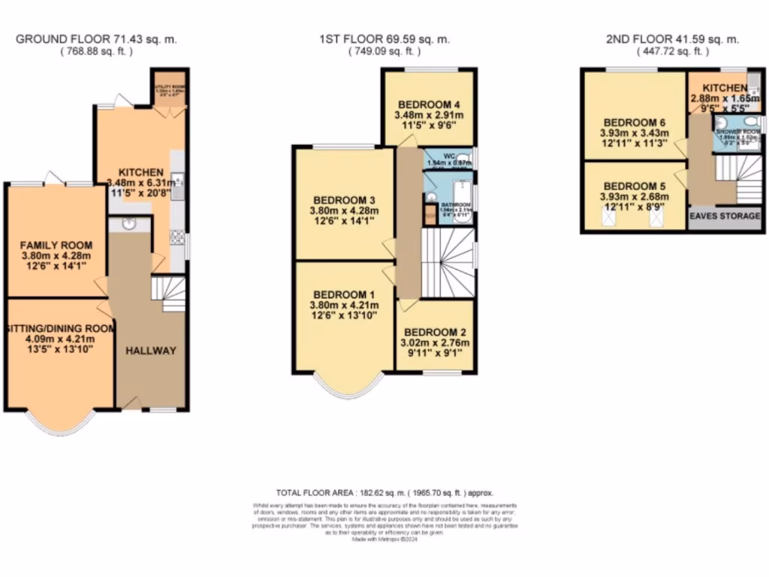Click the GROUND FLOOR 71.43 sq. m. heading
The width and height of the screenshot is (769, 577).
tap(96, 39)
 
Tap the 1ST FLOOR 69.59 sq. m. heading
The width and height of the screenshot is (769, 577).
tap(384, 39)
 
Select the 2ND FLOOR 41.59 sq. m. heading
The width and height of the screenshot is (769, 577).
tap(673, 39)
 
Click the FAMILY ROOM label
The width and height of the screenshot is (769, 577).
tap(56, 245)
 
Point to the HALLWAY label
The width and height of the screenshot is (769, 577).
tap(150, 351)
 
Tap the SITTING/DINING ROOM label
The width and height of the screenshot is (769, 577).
tap(60, 328)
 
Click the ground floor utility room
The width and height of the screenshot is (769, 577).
tap(170, 89)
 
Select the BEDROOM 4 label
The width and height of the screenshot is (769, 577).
tap(428, 104)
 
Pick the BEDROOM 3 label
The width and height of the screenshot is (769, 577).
tap(344, 200)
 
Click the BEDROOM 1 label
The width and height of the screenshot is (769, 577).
tap(344, 294)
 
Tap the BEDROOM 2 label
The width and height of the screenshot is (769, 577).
tap(436, 332)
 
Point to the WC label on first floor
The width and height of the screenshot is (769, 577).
tap(449, 156)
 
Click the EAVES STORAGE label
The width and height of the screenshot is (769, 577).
tap(725, 216)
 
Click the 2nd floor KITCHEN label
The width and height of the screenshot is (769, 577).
tap(719, 89)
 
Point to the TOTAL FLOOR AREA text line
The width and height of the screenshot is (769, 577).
tap(384, 493)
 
